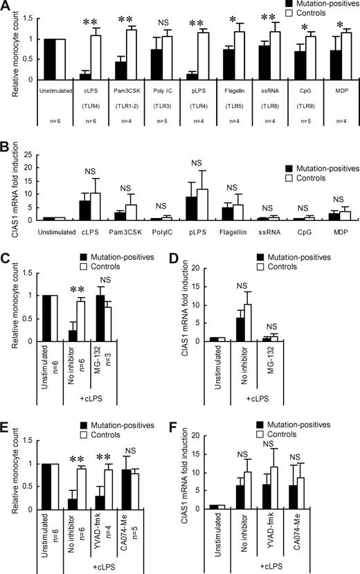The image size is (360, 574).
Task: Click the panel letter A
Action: click(x=6, y=6)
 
